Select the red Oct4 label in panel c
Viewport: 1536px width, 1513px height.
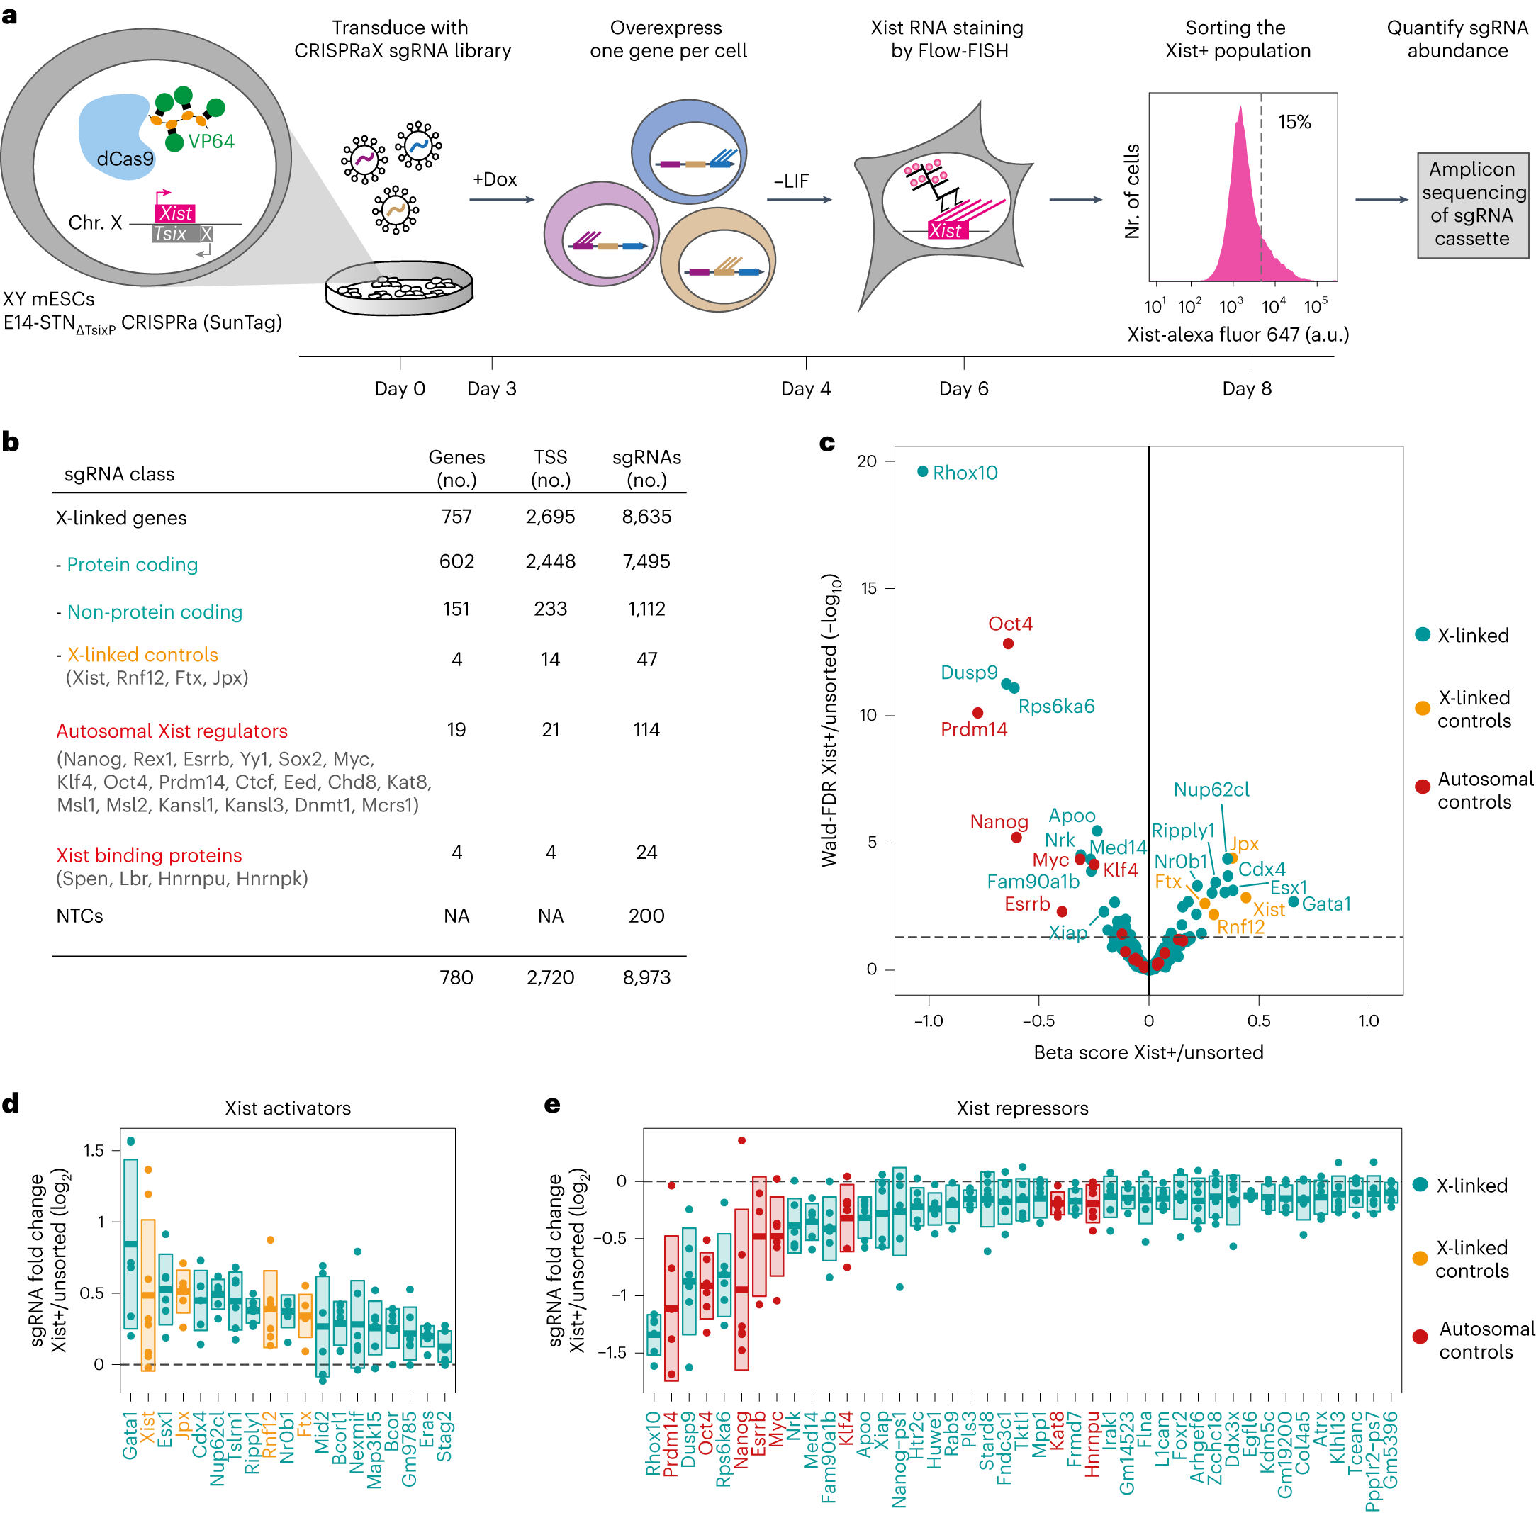pyautogui.click(x=1009, y=624)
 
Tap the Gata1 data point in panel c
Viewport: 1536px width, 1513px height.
pyautogui.click(x=1293, y=901)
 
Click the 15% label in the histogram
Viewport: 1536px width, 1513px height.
pyautogui.click(x=1293, y=122)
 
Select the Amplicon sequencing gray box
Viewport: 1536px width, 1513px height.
pyautogui.click(x=1471, y=205)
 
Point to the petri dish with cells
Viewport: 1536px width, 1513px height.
pyautogui.click(x=399, y=289)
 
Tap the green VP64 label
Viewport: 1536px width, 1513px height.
pyautogui.click(x=211, y=142)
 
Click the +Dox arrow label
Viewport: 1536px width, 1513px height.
pyautogui.click(x=494, y=179)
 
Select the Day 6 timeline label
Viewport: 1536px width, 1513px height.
pyautogui.click(x=963, y=388)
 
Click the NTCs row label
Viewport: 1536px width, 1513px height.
pyautogui.click(x=79, y=916)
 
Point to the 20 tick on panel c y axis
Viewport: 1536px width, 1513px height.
pyautogui.click(x=866, y=461)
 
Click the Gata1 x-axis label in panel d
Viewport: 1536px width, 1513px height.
pyautogui.click(x=130, y=1435)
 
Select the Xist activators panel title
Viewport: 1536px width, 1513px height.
pyautogui.click(x=288, y=1108)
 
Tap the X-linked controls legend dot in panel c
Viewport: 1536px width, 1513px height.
pyautogui.click(x=1422, y=708)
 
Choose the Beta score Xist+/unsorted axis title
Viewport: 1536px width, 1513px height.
pyautogui.click(x=1148, y=1052)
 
